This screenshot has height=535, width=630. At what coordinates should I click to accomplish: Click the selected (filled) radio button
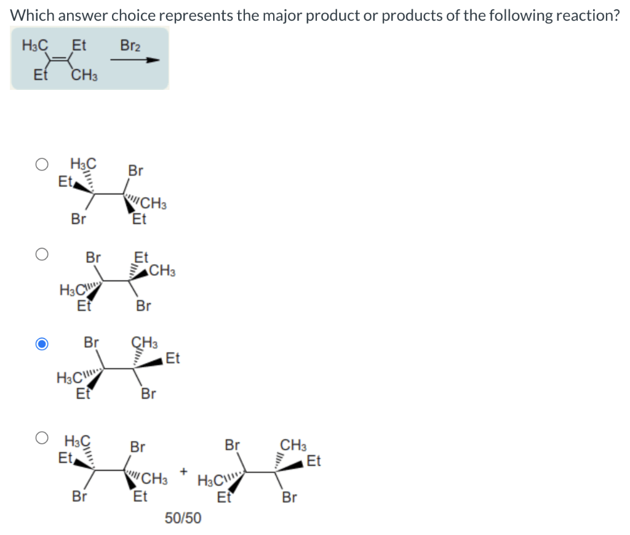pos(41,344)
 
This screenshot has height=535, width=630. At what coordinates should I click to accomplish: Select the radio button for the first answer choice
pos(41,165)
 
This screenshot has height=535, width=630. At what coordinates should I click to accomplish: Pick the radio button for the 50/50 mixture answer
pos(41,438)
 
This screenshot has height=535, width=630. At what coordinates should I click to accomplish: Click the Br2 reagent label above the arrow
pos(129,45)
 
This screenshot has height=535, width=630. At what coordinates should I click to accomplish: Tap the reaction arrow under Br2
pos(135,60)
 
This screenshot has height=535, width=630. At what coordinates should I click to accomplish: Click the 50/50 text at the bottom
pos(183,518)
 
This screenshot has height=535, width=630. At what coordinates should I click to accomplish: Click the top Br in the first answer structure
pos(136,171)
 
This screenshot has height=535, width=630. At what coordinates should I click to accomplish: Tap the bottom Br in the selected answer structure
pos(148,393)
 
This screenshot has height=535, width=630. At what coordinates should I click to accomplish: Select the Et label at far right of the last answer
pos(313,460)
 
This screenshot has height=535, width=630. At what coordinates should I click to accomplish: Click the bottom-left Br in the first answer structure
pos(78,219)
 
